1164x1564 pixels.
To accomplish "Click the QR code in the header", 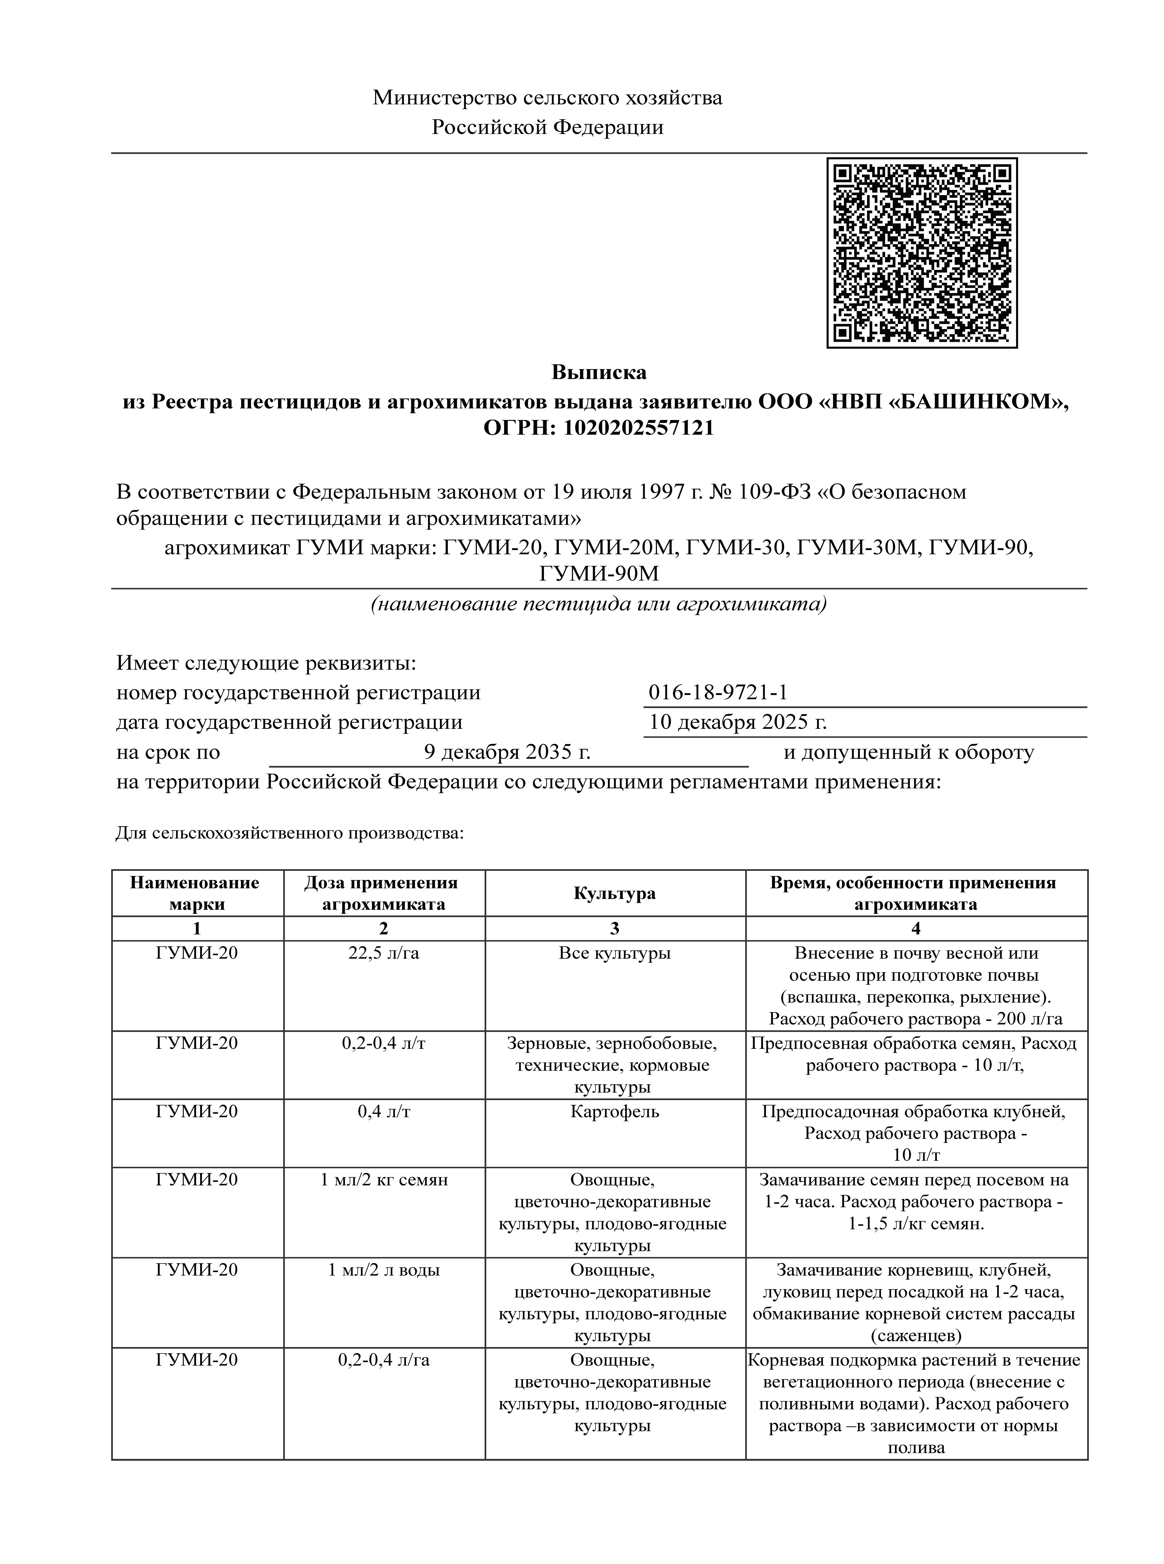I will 922,253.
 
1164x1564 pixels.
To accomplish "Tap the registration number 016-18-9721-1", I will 718,692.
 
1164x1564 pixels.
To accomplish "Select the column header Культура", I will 614,893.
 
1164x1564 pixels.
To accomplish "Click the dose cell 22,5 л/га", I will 384,953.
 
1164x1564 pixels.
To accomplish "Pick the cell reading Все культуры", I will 614,953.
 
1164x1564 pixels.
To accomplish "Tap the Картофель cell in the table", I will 614,1112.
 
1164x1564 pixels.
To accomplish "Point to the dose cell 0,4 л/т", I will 384,1112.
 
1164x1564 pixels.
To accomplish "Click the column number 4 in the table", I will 916,929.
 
